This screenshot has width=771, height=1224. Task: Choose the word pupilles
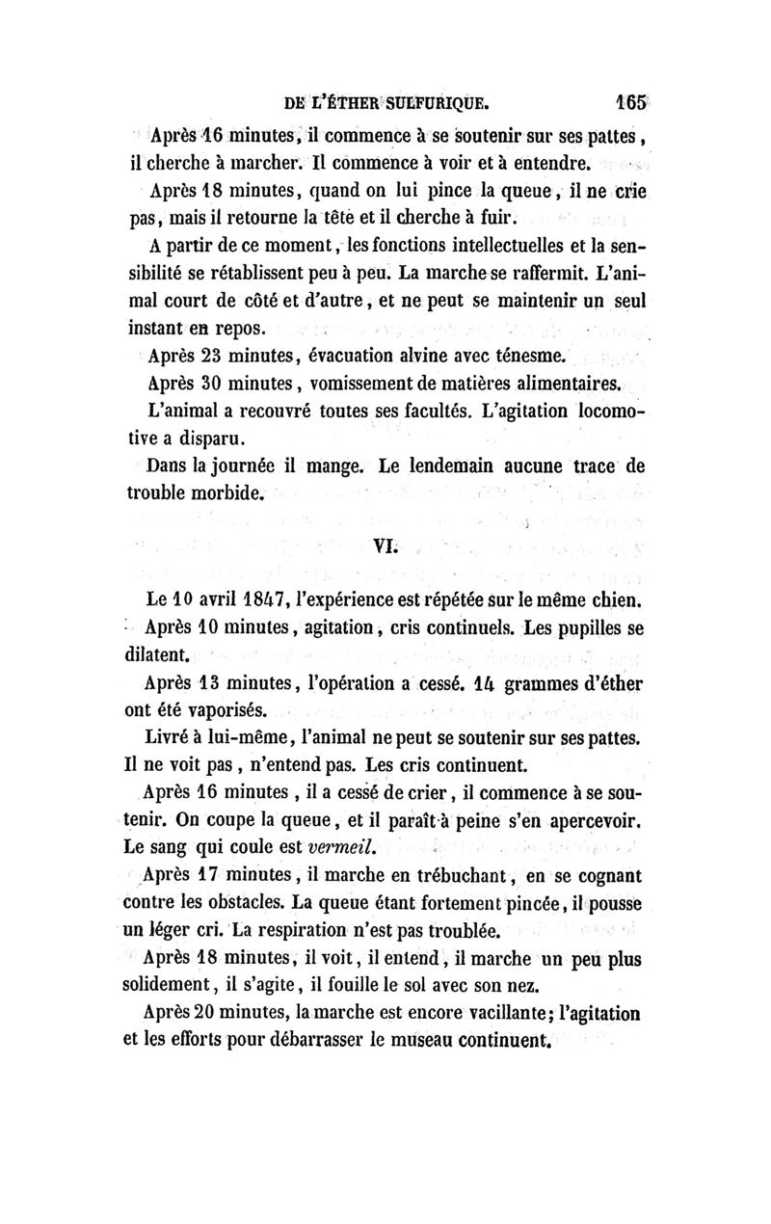point(567,629)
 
